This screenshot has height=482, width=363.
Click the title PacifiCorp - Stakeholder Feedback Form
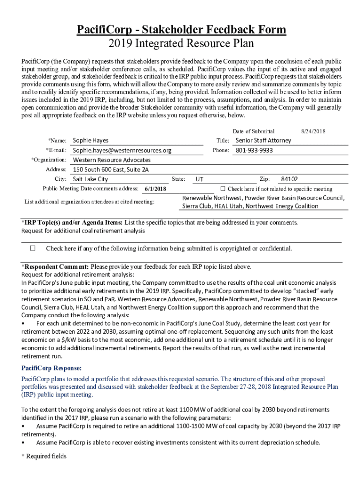click(181, 30)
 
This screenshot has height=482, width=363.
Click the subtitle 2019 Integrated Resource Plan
click(181, 44)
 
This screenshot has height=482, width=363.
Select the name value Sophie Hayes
click(91, 140)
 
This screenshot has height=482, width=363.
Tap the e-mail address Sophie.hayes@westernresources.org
click(122, 151)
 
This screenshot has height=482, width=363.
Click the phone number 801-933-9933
click(254, 151)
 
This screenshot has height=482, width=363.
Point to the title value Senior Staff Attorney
click(263, 140)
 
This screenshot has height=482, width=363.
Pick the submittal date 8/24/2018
click(313, 131)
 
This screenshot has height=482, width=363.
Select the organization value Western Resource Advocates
click(112, 160)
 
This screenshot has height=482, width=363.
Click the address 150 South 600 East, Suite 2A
click(111, 170)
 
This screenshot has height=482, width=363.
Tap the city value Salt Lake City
click(90, 179)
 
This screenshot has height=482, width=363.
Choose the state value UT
click(199, 179)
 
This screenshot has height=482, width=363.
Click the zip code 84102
click(289, 179)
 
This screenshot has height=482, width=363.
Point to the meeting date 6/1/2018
click(156, 189)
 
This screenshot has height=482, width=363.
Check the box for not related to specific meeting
click(223, 189)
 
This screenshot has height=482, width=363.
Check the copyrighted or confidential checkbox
click(33, 248)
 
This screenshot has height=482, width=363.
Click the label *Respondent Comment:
click(55, 266)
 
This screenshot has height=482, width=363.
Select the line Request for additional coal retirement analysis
click(83, 231)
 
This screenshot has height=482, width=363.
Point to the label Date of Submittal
click(254, 131)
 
